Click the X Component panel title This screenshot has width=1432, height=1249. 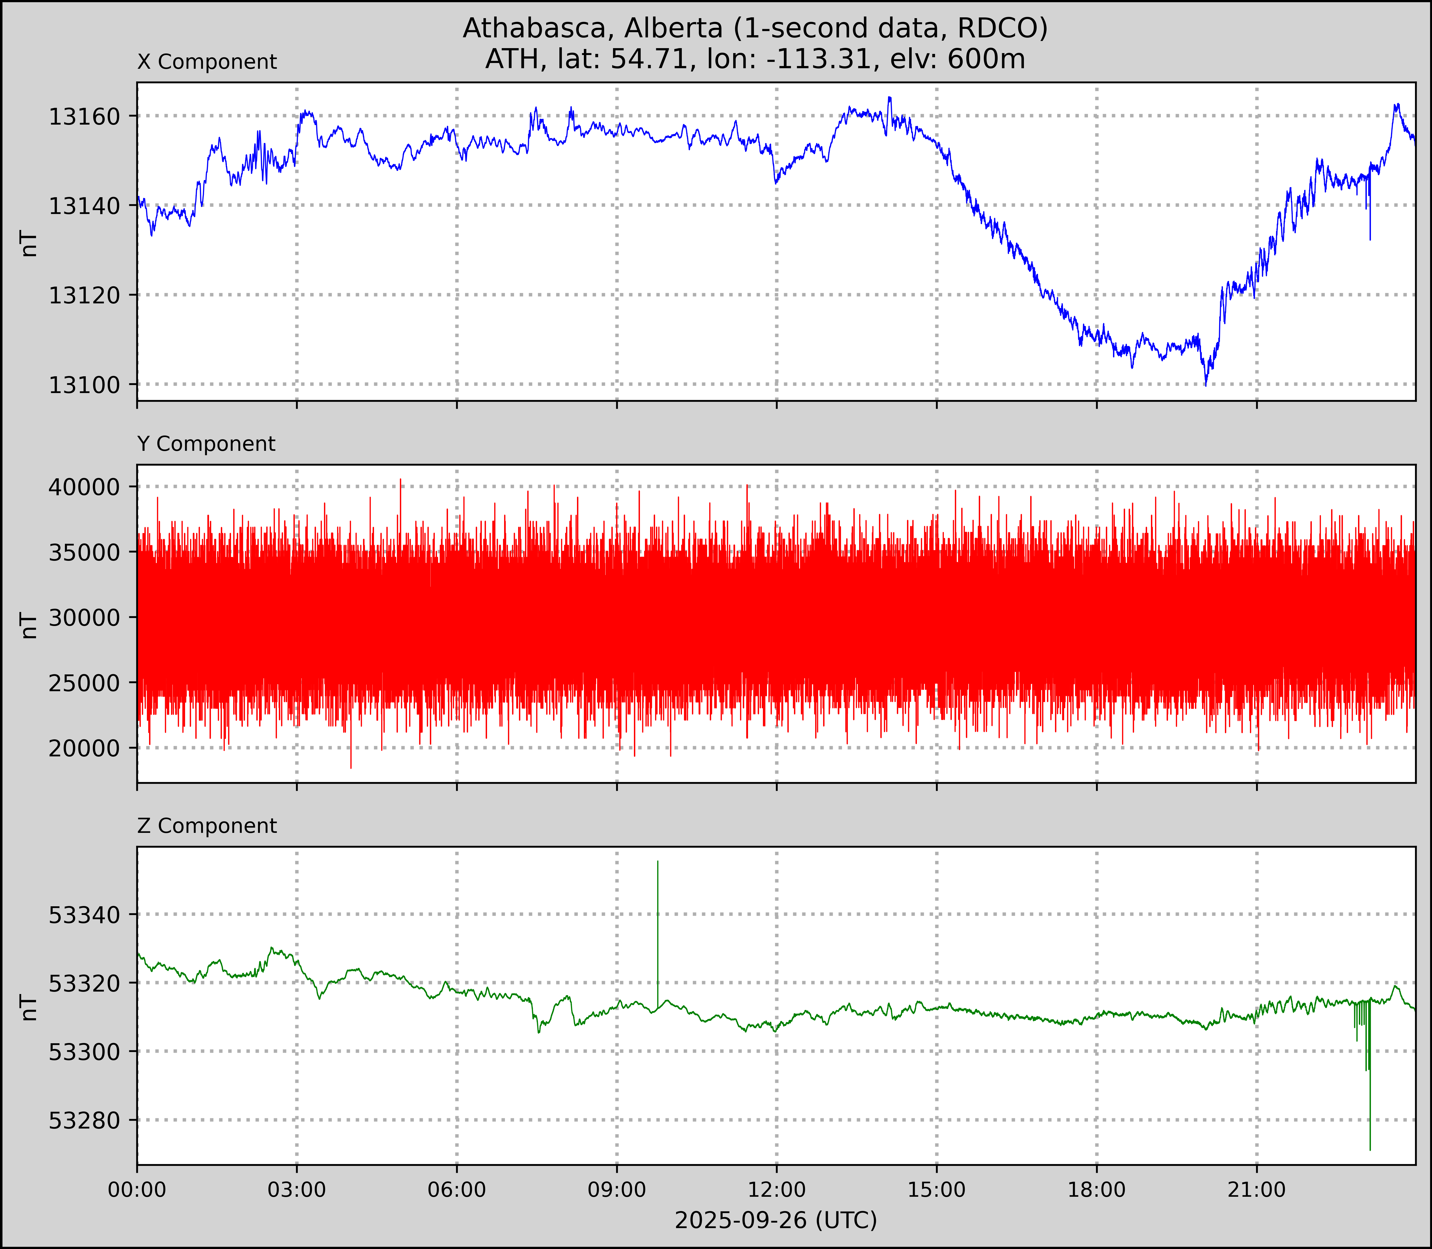(x=207, y=62)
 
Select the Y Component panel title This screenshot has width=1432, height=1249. (x=206, y=444)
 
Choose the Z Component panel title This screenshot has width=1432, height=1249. (x=207, y=826)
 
